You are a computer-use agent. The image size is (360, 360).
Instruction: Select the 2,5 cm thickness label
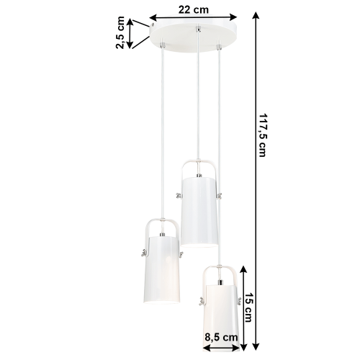[x=120, y=33]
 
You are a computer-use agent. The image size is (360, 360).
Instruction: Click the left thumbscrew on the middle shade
[x=177, y=194]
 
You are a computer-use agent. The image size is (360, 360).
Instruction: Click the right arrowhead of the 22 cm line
[x=235, y=16]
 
